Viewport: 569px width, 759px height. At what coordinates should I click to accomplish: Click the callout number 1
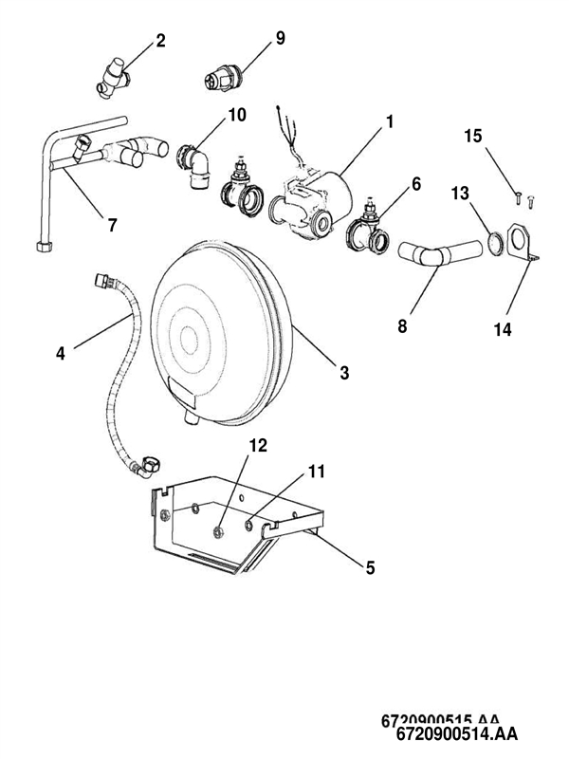[389, 122]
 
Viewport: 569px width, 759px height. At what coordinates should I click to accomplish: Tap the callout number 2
[160, 41]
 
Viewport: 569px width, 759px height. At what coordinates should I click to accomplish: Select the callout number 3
[344, 373]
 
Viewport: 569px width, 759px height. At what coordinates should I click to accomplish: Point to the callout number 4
[61, 354]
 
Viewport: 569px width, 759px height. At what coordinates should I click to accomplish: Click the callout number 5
[370, 567]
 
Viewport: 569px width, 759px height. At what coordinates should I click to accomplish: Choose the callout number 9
[280, 38]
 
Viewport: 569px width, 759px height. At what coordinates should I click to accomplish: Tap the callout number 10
[236, 115]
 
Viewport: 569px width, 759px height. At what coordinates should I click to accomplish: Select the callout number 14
[503, 329]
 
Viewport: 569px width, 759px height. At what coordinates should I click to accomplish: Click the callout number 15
[472, 137]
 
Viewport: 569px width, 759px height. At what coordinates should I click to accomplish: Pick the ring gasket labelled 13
[495, 242]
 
